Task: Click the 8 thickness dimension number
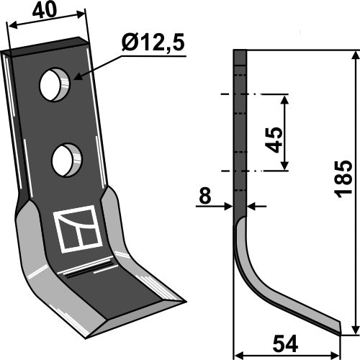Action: pyautogui.click(x=204, y=193)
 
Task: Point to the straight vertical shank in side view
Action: pyautogui.click(x=240, y=130)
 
